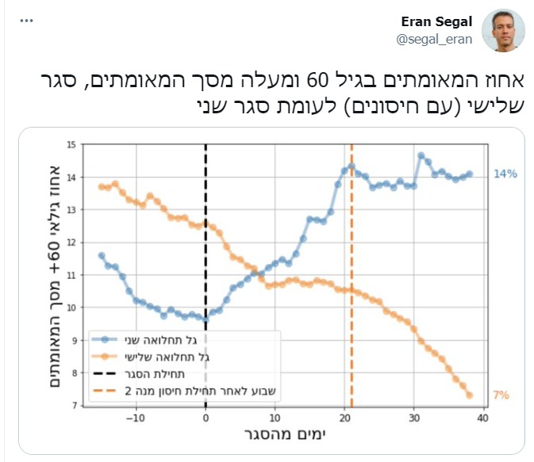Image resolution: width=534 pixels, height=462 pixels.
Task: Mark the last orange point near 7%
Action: tap(470, 395)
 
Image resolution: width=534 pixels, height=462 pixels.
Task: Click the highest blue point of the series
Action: tap(421, 155)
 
